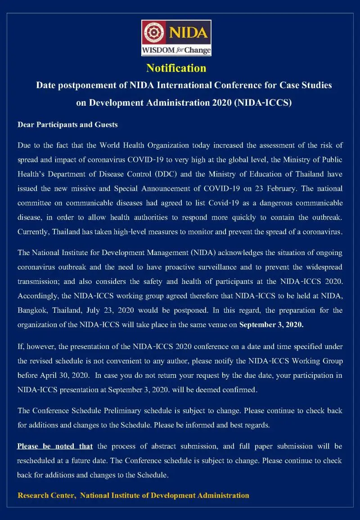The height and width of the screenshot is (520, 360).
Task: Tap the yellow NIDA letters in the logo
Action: point(188,32)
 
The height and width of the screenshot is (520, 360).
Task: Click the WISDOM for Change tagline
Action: point(176,50)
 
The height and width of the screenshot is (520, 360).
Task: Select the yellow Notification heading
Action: point(176,68)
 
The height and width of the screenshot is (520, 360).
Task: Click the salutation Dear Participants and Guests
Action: point(67,125)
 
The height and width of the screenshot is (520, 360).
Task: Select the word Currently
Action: point(33,233)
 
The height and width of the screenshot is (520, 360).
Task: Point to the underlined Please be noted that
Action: point(55,446)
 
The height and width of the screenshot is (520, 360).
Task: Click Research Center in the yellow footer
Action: point(46,495)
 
